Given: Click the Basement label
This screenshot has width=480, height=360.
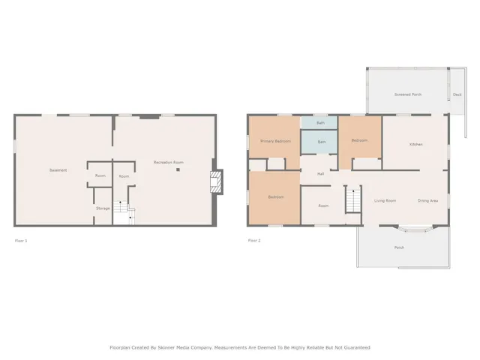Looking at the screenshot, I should (x=58, y=170).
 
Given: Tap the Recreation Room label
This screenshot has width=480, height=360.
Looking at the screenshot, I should (x=169, y=163).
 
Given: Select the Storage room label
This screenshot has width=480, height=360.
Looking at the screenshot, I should (x=103, y=208).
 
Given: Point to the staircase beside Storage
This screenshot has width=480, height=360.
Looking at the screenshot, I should (x=124, y=214).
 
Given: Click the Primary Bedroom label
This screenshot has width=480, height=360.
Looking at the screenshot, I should (x=275, y=141).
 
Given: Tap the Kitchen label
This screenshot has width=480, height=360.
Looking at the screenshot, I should (x=415, y=144).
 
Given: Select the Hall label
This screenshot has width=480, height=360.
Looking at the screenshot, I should (x=320, y=173).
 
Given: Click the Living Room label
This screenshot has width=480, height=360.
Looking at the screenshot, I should (x=385, y=201).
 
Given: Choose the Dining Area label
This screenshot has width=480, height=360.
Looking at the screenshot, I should (x=427, y=201).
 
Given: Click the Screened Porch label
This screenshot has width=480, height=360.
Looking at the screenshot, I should (x=408, y=94).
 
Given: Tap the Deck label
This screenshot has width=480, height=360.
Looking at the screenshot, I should (x=457, y=94).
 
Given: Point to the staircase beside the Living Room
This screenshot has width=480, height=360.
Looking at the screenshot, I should (x=352, y=200).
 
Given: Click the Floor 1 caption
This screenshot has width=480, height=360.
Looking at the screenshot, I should (x=20, y=241).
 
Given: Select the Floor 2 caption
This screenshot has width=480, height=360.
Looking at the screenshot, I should (x=254, y=241).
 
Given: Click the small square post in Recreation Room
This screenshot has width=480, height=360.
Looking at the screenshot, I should (x=178, y=170).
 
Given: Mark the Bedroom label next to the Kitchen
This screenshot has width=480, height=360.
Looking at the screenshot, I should (x=359, y=140).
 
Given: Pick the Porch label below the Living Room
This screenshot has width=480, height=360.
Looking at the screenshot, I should (x=399, y=247).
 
